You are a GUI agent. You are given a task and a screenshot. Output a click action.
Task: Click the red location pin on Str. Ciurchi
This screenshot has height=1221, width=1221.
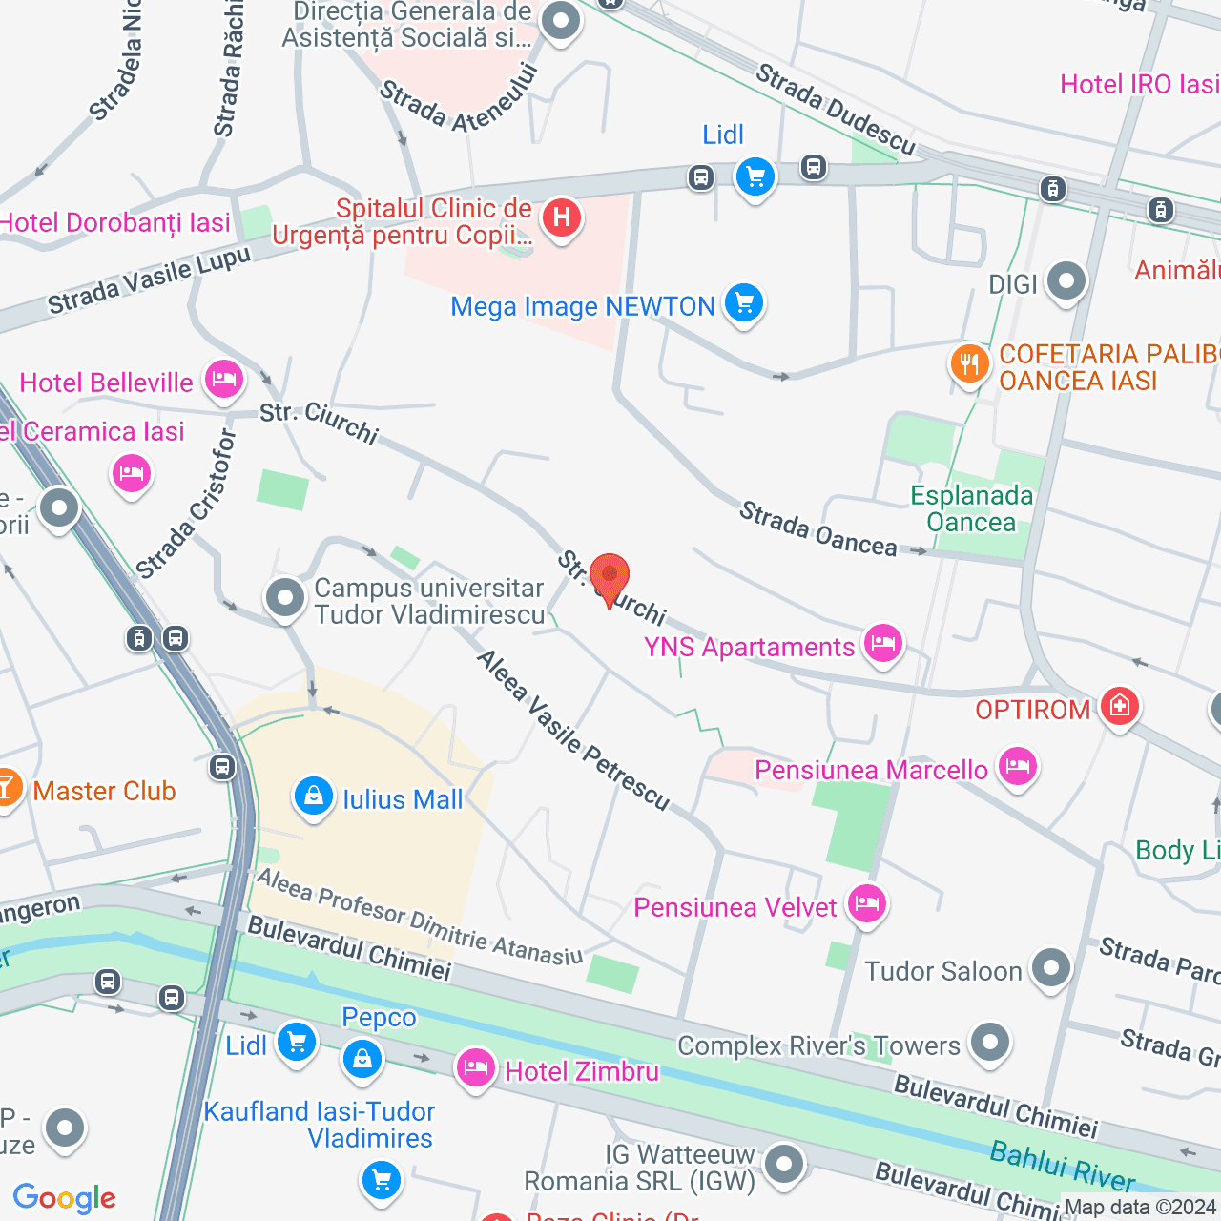tap(609, 578)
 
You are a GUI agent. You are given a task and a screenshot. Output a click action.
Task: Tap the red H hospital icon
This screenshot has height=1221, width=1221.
tap(562, 218)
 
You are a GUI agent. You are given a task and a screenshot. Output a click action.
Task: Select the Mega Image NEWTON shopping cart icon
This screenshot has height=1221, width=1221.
tap(744, 304)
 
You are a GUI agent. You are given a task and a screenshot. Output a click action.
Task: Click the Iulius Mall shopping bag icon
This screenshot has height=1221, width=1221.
tap(313, 796)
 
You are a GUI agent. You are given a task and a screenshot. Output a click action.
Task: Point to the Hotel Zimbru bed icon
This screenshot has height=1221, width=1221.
tap(475, 1067)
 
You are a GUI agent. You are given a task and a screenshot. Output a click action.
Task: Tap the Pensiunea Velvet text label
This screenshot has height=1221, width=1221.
tap(735, 907)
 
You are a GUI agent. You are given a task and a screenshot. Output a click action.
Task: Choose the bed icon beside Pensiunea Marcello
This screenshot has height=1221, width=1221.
tap(1018, 766)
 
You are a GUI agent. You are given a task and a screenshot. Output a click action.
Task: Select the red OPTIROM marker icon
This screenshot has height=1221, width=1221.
tap(1119, 706)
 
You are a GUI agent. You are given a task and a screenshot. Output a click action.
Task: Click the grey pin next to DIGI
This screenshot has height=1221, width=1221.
tap(1066, 281)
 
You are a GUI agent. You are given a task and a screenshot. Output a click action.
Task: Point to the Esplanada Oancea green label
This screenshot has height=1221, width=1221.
tap(971, 508)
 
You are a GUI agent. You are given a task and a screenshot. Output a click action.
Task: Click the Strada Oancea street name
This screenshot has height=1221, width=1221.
tap(817, 529)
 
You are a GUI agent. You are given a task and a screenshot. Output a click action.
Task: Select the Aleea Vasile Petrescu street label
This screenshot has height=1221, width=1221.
tap(573, 731)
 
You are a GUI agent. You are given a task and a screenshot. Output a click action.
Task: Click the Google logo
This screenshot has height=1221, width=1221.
tap(64, 1198)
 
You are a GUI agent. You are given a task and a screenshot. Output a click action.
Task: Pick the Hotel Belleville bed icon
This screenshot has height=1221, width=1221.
tap(223, 381)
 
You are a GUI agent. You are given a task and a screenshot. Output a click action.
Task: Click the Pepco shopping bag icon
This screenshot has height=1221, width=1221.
tap(362, 1057)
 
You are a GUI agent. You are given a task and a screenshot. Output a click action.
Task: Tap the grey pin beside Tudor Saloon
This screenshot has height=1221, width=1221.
tap(1051, 968)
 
